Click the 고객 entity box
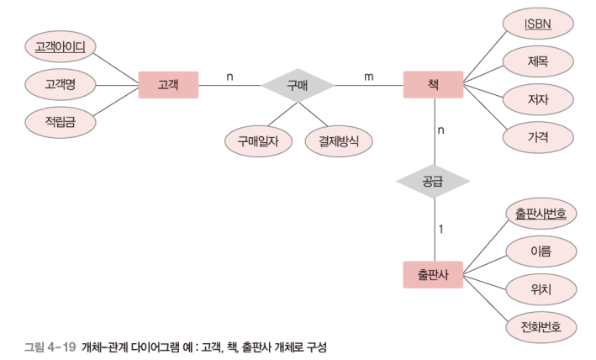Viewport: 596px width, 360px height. click(x=168, y=85)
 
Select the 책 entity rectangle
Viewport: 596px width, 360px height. click(x=433, y=85)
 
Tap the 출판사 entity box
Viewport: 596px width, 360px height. click(x=433, y=275)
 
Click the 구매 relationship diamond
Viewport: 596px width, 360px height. click(x=298, y=85)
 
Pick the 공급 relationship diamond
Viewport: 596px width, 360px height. click(x=434, y=180)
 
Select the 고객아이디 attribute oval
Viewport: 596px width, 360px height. click(x=60, y=46)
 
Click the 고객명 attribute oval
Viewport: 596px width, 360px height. click(x=60, y=84)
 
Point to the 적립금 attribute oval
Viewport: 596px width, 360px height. click(x=60, y=122)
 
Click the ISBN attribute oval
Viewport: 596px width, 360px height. click(x=537, y=24)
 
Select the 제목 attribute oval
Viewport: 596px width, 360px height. click(x=537, y=61)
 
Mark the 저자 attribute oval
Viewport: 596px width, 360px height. click(x=537, y=99)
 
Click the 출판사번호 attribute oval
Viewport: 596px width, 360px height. click(x=541, y=214)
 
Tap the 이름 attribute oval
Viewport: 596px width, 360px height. click(x=541, y=251)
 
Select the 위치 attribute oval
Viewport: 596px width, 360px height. click(x=541, y=289)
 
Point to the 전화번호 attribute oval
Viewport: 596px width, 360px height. click(x=541, y=326)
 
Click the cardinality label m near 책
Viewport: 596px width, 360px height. click(x=368, y=77)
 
